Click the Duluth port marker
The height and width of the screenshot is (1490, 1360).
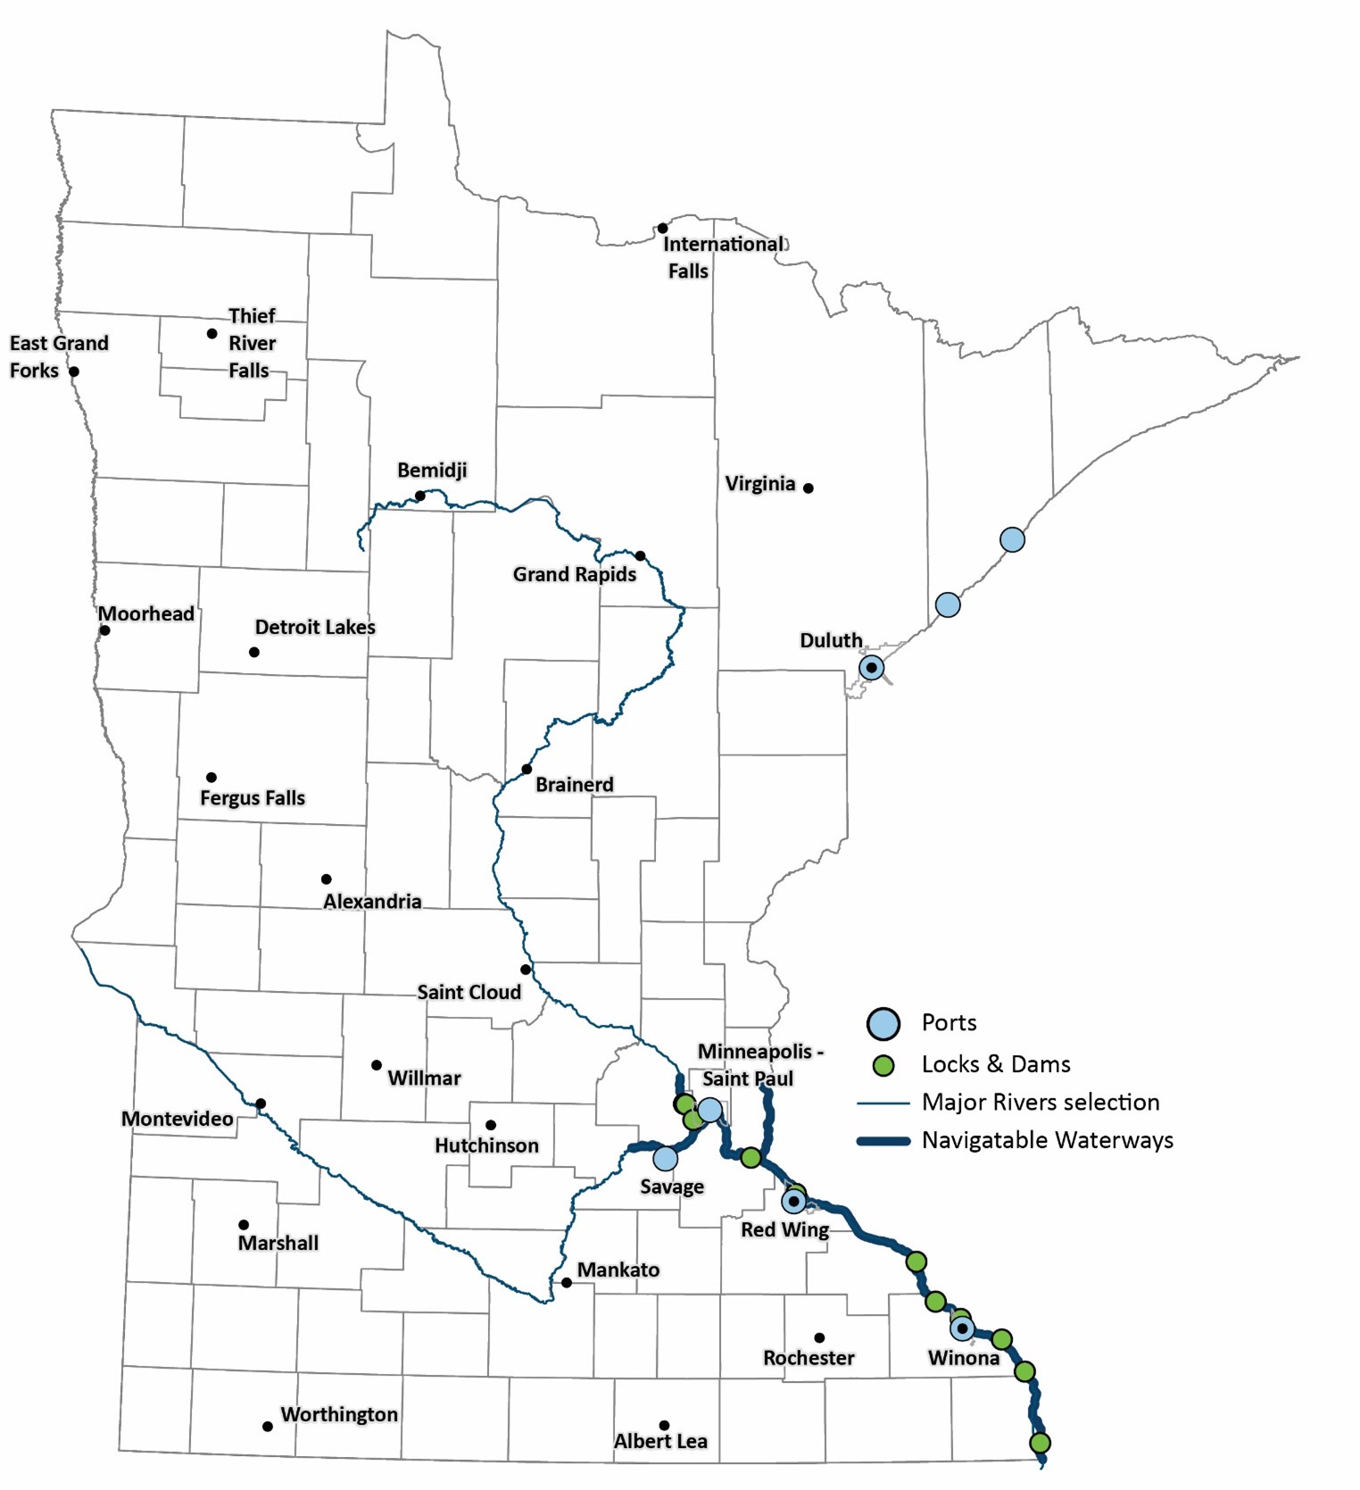[x=871, y=667]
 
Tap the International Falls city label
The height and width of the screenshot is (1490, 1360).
[x=723, y=257]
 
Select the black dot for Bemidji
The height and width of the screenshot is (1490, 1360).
[x=419, y=495]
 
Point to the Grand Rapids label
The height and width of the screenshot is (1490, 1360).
[x=574, y=574]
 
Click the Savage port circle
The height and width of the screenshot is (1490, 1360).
[x=665, y=1159]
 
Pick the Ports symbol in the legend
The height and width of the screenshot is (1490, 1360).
[x=883, y=1023]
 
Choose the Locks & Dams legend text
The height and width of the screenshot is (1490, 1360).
[x=995, y=1064]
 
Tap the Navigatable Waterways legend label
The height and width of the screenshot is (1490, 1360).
[x=1047, y=1140]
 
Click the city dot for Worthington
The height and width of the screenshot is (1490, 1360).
[x=267, y=1427]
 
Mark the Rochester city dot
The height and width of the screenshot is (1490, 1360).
[x=819, y=1337]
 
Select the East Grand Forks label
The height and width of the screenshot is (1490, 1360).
[x=59, y=356]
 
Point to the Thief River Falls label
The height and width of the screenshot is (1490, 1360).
[x=252, y=343]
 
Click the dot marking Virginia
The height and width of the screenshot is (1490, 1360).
[x=809, y=488]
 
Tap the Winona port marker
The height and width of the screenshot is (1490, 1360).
[x=962, y=1328]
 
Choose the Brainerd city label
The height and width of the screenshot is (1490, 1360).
[x=574, y=785]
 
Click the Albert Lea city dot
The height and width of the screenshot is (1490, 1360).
[x=664, y=1426]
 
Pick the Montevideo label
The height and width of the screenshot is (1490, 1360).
[x=177, y=1119]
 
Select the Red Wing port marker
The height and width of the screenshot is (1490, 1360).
[x=793, y=1202]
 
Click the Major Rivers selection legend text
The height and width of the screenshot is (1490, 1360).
[x=1041, y=1103]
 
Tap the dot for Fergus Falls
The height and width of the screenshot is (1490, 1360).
[x=211, y=778]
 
